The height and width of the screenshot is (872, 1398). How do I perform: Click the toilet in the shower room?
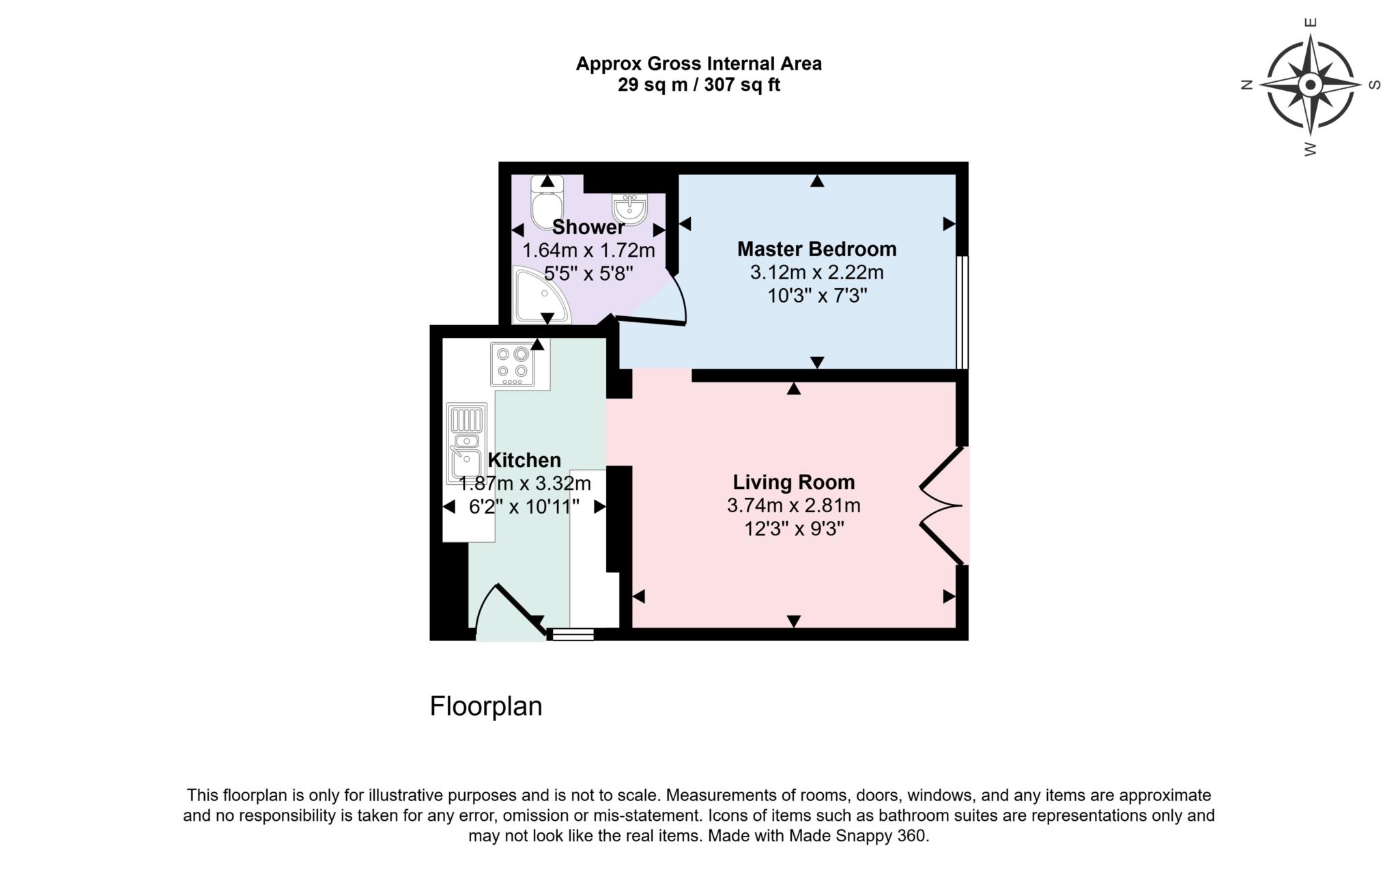(x=547, y=203)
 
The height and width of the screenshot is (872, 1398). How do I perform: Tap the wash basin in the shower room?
(x=629, y=208)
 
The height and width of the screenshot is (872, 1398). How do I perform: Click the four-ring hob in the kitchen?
(x=513, y=363)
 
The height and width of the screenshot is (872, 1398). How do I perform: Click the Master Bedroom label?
(x=816, y=249)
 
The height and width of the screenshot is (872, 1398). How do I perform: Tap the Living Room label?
(x=793, y=482)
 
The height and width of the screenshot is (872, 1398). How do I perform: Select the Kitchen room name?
(x=524, y=460)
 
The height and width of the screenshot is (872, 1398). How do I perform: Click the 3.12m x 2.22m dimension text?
(x=816, y=272)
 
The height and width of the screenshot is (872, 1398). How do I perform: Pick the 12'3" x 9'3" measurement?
(x=794, y=529)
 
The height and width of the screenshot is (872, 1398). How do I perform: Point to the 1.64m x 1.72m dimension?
(x=588, y=251)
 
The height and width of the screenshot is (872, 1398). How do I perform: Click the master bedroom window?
(x=961, y=312)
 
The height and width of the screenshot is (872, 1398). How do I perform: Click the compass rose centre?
(x=1310, y=85)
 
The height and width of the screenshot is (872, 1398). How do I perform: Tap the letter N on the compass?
(x=1246, y=85)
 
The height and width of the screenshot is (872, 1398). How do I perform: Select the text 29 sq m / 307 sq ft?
(x=698, y=85)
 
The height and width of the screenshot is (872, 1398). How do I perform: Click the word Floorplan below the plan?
(x=485, y=706)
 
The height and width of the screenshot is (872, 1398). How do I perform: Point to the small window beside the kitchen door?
(x=573, y=634)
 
